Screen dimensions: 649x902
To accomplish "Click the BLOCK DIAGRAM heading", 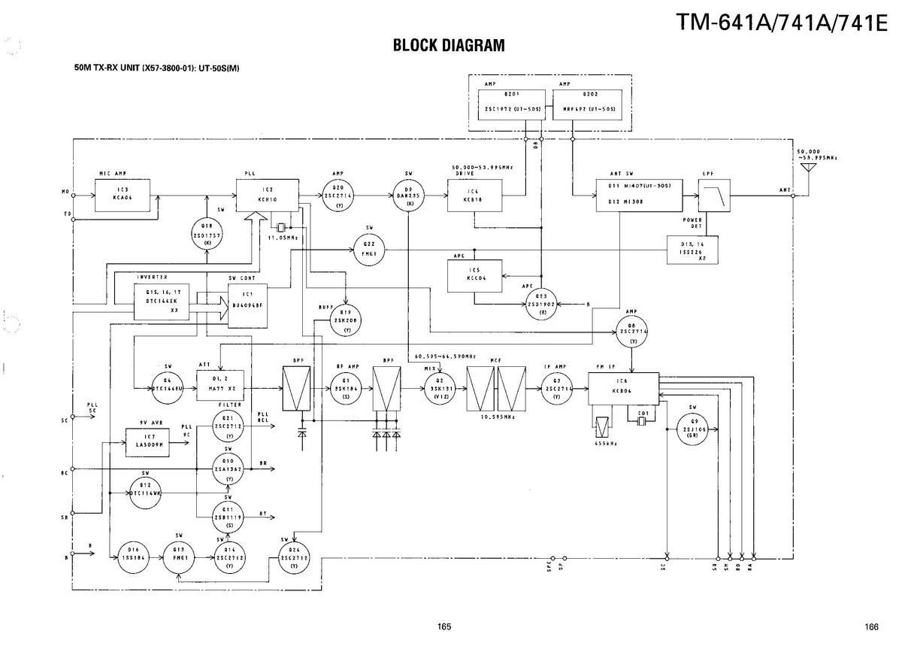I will [x=448, y=46].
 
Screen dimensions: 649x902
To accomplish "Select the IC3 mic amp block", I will [x=123, y=195].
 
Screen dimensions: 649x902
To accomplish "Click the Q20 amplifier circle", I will [x=339, y=195].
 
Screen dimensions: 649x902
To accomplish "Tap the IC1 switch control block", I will [x=248, y=305].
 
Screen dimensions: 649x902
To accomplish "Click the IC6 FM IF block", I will [x=623, y=388].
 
